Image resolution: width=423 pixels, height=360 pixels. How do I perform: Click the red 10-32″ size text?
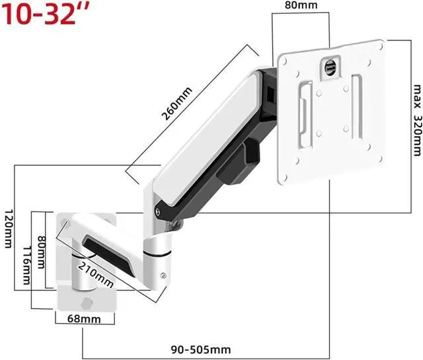click(46, 14)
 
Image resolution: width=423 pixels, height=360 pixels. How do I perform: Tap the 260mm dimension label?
click(176, 103)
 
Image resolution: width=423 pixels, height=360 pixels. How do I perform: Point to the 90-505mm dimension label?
click(201, 349)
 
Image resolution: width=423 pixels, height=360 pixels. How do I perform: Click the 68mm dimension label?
click(84, 319)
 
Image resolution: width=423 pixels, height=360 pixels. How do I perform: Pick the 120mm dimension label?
click(9, 229)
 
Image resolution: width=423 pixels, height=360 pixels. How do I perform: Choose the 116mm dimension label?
click(26, 266)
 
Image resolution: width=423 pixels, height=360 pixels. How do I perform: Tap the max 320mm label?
click(417, 120)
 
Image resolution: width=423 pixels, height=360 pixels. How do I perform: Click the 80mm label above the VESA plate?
click(301, 5)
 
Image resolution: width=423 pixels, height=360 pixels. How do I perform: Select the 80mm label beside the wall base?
click(41, 252)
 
